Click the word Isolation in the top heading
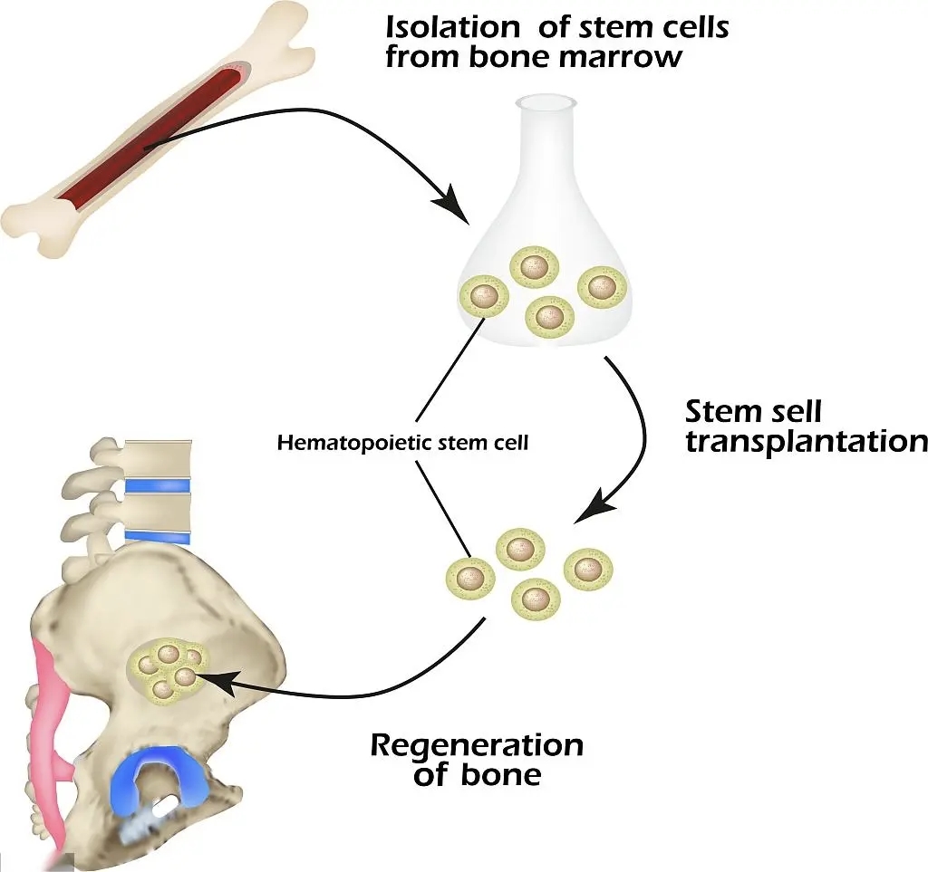451,27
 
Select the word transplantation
806,442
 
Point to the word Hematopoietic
352,443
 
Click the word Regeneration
477,745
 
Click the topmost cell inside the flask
535,266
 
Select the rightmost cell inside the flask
602,287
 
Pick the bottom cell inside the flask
550,317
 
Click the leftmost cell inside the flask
484,295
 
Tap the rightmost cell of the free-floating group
588,570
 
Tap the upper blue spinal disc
158,486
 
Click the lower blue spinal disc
158,537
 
